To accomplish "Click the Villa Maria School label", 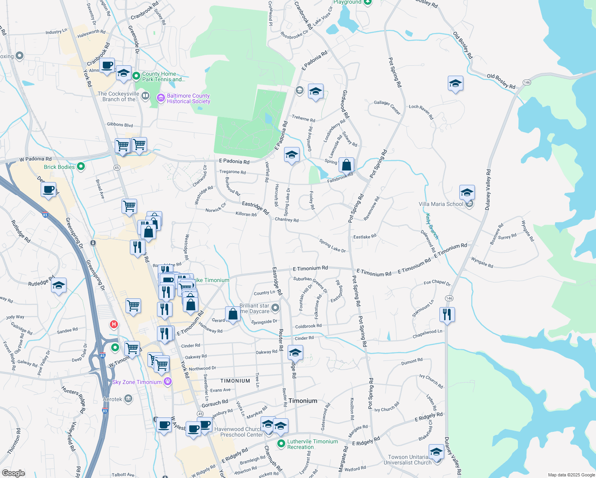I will (441, 204).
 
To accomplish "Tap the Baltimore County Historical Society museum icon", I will (161, 98).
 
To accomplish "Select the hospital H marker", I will (114, 324).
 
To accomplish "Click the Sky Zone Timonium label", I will (137, 382).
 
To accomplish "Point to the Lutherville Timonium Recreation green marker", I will (281, 443).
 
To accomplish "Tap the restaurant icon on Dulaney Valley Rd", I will (447, 315).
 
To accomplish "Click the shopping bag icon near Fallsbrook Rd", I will (347, 165).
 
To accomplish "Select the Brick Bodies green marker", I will (81, 167).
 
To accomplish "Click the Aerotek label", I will (112, 399).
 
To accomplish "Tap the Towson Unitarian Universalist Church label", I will (408, 460).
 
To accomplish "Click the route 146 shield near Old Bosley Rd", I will (527, 82).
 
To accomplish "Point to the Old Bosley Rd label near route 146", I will (501, 81).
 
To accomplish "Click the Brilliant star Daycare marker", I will (275, 308).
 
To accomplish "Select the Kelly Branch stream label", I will (432, 226).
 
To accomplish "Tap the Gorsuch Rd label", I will (215, 404).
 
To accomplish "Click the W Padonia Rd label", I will (35, 159).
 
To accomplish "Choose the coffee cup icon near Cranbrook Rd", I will (107, 65).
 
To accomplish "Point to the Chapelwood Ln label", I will (427, 334).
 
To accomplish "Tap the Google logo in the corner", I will (13, 473).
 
